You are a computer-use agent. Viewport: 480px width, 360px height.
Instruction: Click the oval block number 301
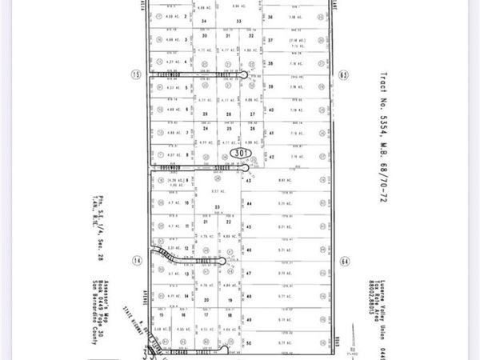[240, 151]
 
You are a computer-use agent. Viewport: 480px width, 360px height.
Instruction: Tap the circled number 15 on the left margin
[136, 74]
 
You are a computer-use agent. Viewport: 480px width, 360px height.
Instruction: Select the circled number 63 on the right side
[345, 74]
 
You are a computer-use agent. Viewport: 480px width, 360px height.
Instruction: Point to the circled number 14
[137, 261]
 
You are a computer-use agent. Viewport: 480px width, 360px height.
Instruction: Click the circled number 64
[345, 261]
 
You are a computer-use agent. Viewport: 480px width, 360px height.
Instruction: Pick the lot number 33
[238, 21]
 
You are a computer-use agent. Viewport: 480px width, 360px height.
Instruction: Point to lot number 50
[249, 343]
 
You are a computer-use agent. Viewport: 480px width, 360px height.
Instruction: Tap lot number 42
[272, 157]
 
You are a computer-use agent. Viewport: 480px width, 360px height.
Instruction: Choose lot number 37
[271, 40]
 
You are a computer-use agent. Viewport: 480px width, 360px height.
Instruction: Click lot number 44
[249, 204]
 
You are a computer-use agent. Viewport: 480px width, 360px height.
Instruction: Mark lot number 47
[249, 274]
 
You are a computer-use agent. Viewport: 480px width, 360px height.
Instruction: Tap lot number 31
[228, 36]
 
